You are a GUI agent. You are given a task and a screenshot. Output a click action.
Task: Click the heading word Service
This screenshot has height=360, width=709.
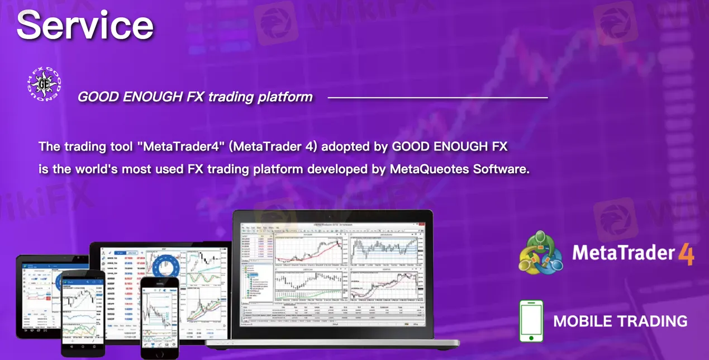[85, 25]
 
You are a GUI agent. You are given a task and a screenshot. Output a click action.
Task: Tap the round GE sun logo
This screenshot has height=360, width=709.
[44, 84]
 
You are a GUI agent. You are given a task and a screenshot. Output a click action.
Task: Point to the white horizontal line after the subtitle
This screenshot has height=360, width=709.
[437, 98]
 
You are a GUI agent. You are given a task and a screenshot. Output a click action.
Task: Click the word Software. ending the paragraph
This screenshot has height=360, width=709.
[501, 169]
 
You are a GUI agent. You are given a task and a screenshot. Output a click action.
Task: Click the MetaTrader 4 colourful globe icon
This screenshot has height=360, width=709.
[540, 253]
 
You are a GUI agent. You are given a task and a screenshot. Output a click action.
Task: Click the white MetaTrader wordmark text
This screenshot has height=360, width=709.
[624, 253]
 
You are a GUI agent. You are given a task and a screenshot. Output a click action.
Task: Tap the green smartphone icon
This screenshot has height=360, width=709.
[531, 321]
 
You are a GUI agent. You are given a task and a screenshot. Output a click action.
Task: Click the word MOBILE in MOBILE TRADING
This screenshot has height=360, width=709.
[586, 321]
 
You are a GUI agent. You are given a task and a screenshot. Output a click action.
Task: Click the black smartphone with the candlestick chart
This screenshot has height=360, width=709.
[82, 313]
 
